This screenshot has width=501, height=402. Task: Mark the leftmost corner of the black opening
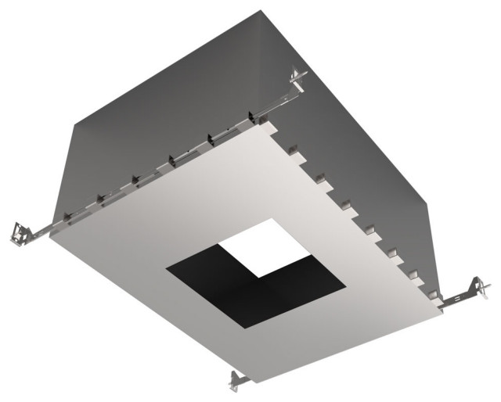point(166,271)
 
